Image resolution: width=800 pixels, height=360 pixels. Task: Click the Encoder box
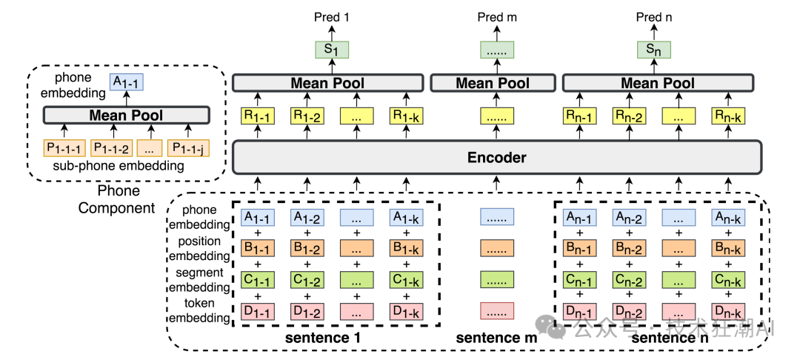(x=497, y=157)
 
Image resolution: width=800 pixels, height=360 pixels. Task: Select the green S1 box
(x=331, y=50)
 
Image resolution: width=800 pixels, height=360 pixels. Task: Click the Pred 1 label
(x=331, y=17)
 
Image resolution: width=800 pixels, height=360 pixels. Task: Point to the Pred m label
(x=494, y=17)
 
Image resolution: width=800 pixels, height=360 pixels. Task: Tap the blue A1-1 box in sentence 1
(x=256, y=217)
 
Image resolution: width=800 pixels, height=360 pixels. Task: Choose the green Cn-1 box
(x=578, y=280)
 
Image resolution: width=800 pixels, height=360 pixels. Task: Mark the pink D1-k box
(x=407, y=311)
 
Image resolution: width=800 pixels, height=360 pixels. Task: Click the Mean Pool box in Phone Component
(x=126, y=115)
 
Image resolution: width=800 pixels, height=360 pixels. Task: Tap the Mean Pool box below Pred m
(x=493, y=83)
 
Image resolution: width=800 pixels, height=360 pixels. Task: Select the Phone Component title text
(x=118, y=200)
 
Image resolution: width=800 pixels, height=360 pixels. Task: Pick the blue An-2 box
(x=628, y=217)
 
